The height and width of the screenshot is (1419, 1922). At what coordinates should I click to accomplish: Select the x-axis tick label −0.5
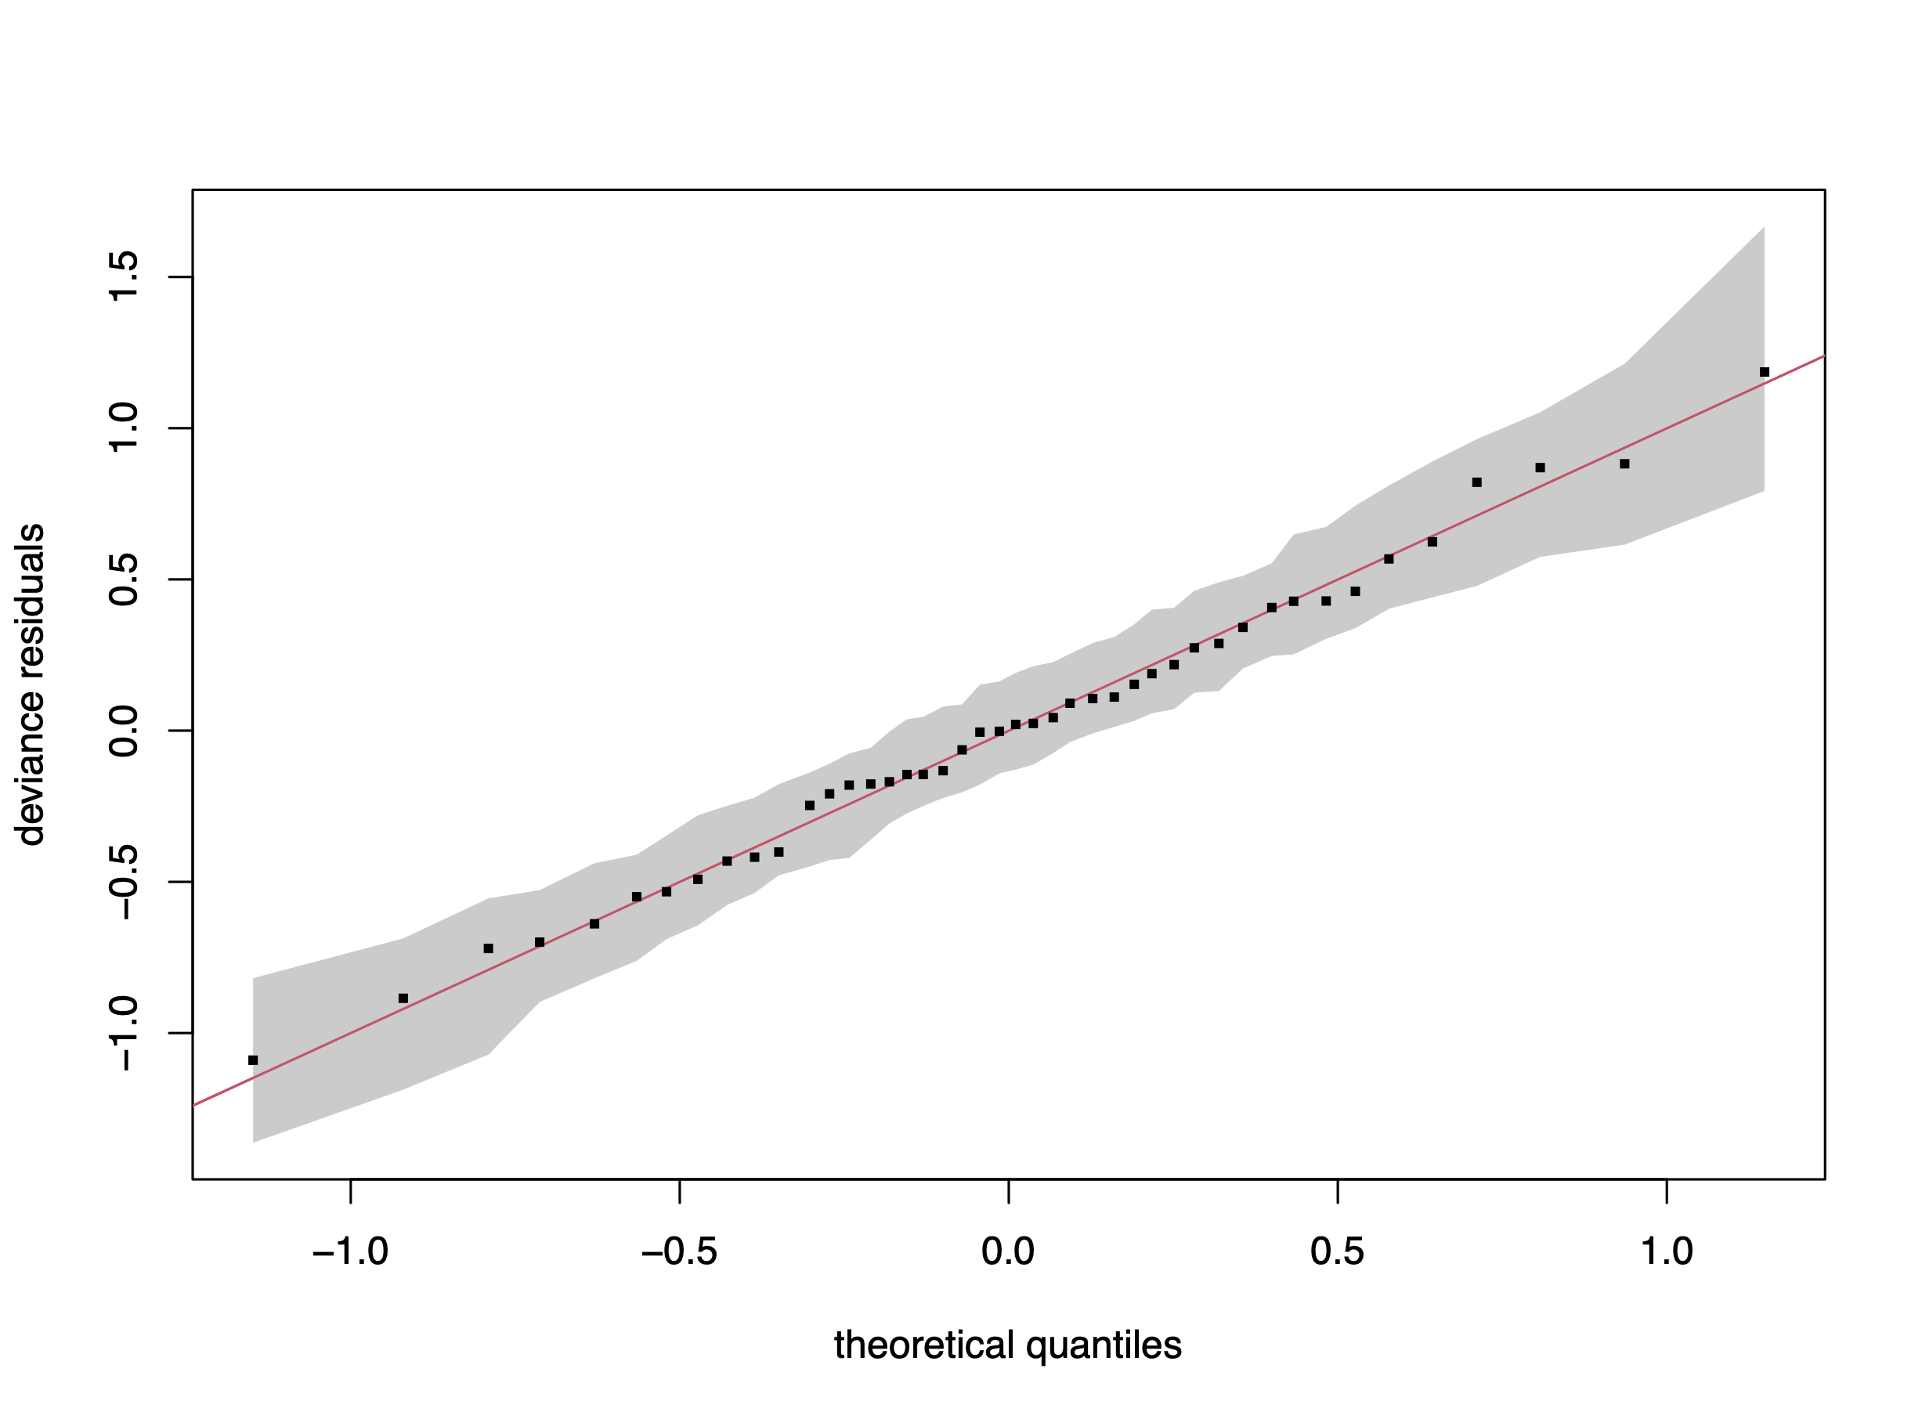pyautogui.click(x=679, y=1252)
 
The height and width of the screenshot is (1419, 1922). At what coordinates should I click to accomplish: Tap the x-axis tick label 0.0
pyautogui.click(x=1008, y=1252)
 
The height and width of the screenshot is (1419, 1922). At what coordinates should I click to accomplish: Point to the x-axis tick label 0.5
pyautogui.click(x=1337, y=1252)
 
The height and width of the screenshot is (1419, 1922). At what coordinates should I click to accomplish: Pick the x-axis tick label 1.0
pyautogui.click(x=1666, y=1252)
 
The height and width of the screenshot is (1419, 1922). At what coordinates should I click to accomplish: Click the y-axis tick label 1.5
pyautogui.click(x=124, y=276)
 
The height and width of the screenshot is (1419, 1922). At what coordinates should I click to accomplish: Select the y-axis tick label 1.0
pyautogui.click(x=124, y=428)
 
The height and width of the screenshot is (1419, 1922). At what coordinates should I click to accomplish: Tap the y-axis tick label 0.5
pyautogui.click(x=124, y=579)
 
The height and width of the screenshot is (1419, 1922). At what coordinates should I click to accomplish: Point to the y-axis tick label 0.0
pyautogui.click(x=124, y=730)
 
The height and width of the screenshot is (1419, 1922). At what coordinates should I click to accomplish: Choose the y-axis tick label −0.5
pyautogui.click(x=124, y=881)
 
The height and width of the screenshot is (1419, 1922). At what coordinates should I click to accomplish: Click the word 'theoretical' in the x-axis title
pyautogui.click(x=923, y=1345)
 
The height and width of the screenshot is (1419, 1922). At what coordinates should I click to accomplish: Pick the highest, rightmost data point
pyautogui.click(x=1764, y=372)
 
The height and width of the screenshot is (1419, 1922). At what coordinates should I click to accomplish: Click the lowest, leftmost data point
pyautogui.click(x=253, y=1060)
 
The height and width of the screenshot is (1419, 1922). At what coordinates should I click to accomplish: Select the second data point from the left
pyautogui.click(x=403, y=998)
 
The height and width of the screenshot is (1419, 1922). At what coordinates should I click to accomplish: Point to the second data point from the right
pyautogui.click(x=1624, y=464)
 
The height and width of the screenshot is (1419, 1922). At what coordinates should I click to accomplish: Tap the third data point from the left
pyautogui.click(x=488, y=948)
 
